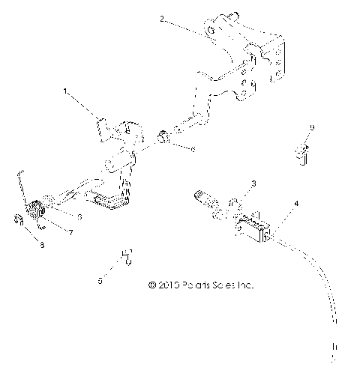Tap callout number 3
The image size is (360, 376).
[255, 184]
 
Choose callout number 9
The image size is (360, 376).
[312, 128]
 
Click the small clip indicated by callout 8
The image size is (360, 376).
[19, 220]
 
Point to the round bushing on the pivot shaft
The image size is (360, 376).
[163, 138]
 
